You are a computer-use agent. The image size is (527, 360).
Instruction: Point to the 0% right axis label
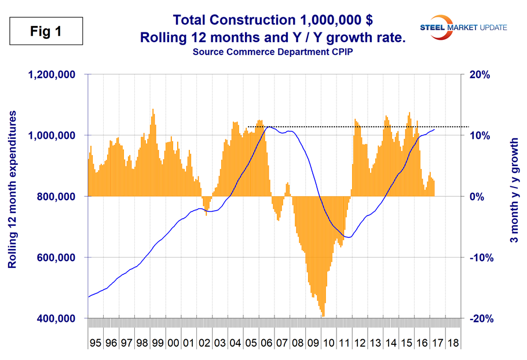point(480,197)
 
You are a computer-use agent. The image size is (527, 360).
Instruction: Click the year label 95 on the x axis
point(96,343)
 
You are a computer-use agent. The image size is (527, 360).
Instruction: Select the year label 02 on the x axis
point(204,343)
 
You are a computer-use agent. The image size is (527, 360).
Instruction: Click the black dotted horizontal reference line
point(347,126)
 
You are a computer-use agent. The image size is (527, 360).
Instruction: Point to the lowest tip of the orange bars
point(323,316)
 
